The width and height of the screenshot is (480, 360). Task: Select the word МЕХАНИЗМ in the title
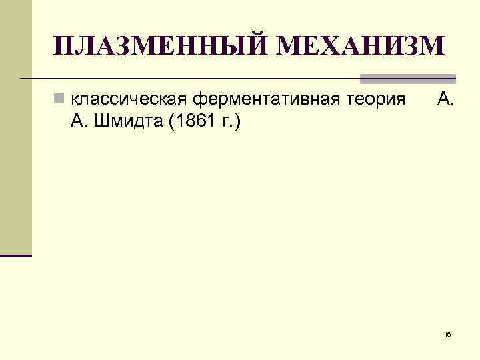tap(358, 46)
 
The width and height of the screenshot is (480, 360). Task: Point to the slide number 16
tap(447, 334)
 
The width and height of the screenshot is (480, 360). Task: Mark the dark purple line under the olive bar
tap(15, 255)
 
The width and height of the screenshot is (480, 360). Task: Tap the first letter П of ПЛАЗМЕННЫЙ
tap(65, 46)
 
